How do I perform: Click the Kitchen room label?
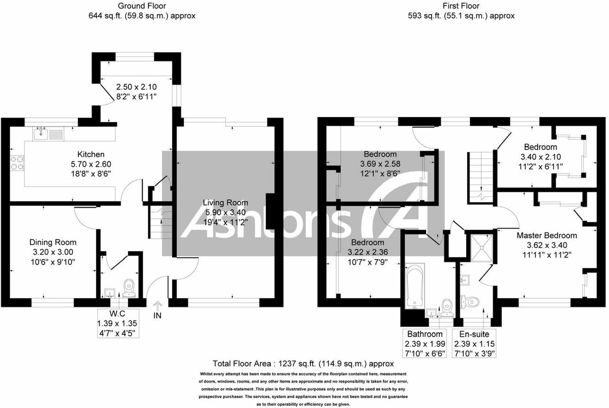[91, 154]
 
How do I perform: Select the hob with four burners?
[17, 163]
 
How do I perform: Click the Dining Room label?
[53, 242]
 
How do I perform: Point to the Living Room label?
[225, 203]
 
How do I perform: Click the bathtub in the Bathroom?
[415, 287]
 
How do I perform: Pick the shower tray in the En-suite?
[482, 248]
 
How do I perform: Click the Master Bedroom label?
[546, 236]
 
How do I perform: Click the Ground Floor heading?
[142, 6]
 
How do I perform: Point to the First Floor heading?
[461, 6]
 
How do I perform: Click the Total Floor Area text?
[303, 363]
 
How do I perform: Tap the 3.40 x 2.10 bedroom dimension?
[540, 157]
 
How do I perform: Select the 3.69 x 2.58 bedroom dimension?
[380, 164]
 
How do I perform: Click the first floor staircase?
[480, 175]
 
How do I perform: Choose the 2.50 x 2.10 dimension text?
[136, 87]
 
